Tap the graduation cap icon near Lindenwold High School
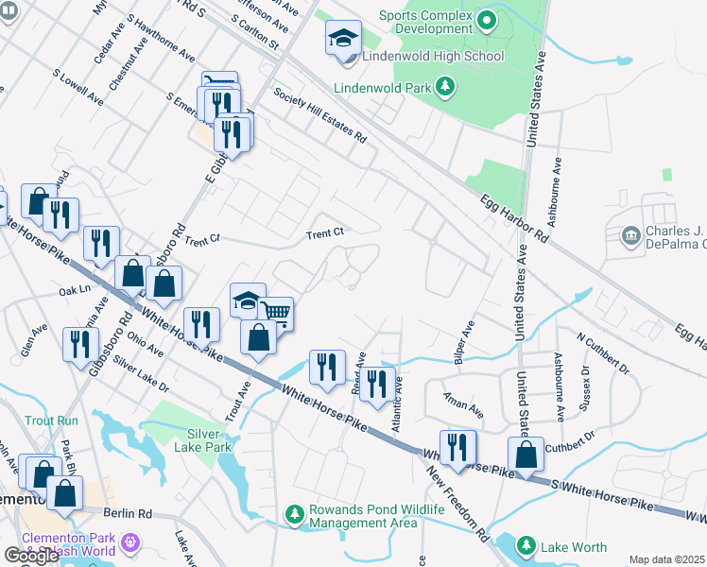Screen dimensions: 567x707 point(343,40)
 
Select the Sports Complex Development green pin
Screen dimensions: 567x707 point(487,19)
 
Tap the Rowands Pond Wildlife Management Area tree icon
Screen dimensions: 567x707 point(295,515)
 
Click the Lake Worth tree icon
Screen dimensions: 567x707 point(526,545)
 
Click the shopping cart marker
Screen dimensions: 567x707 point(275,313)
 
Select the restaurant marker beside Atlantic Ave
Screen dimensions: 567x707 point(377,384)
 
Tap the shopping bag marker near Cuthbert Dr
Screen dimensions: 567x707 point(525,454)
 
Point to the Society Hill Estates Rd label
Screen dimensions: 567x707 point(319,114)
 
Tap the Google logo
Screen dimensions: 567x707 point(31,555)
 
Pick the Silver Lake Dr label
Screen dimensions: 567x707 point(140,374)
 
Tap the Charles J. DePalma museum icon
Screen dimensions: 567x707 point(629,233)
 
